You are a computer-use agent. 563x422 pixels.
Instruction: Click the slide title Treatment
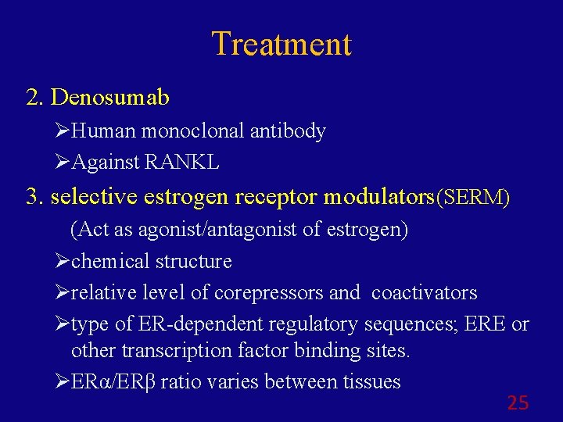pos(281,44)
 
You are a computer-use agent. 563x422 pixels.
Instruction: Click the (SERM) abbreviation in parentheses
pos(474,198)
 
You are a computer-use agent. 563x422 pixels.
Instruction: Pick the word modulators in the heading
pos(378,197)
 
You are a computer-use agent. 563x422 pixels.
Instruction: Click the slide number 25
pos(518,403)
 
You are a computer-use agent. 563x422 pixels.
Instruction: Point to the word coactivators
pos(425,292)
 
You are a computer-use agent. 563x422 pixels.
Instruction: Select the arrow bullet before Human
pos(64,131)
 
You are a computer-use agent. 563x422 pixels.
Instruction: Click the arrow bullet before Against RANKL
pos(64,162)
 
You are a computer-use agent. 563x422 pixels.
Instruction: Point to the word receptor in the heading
pos(273,197)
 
